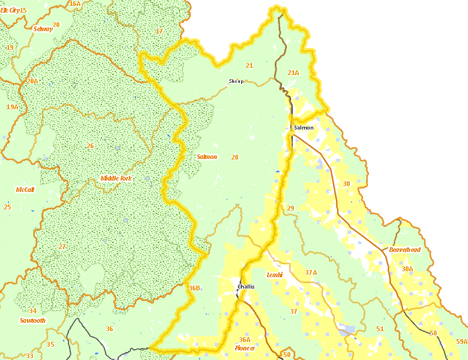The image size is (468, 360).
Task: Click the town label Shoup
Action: pyautogui.click(x=236, y=81)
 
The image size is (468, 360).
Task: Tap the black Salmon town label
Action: pyautogui.click(x=304, y=128)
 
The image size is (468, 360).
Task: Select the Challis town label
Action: pyautogui.click(x=246, y=287)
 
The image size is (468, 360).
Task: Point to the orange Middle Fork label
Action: pyautogui.click(x=116, y=179)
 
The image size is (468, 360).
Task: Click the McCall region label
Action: pyautogui.click(x=25, y=190)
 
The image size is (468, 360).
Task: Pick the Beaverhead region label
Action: pyautogui.click(x=405, y=249)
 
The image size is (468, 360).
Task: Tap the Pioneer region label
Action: pyautogui.click(x=245, y=349)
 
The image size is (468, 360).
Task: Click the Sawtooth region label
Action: pyautogui.click(x=32, y=320)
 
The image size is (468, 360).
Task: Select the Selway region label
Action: pyautogui.click(x=43, y=28)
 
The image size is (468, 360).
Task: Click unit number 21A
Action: pyautogui.click(x=293, y=73)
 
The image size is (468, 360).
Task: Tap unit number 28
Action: pyautogui.click(x=235, y=157)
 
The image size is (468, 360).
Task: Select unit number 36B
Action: pyautogui.click(x=194, y=289)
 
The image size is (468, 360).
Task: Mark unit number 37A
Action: pyautogui.click(x=311, y=272)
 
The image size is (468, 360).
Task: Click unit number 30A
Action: pyautogui.click(x=407, y=269)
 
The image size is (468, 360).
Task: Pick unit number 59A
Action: pyautogui.click(x=461, y=341)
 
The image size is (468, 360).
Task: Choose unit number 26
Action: pyautogui.click(x=90, y=146)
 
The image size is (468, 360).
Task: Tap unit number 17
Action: pyautogui.click(x=159, y=31)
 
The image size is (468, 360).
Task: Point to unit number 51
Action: pyautogui.click(x=380, y=329)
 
